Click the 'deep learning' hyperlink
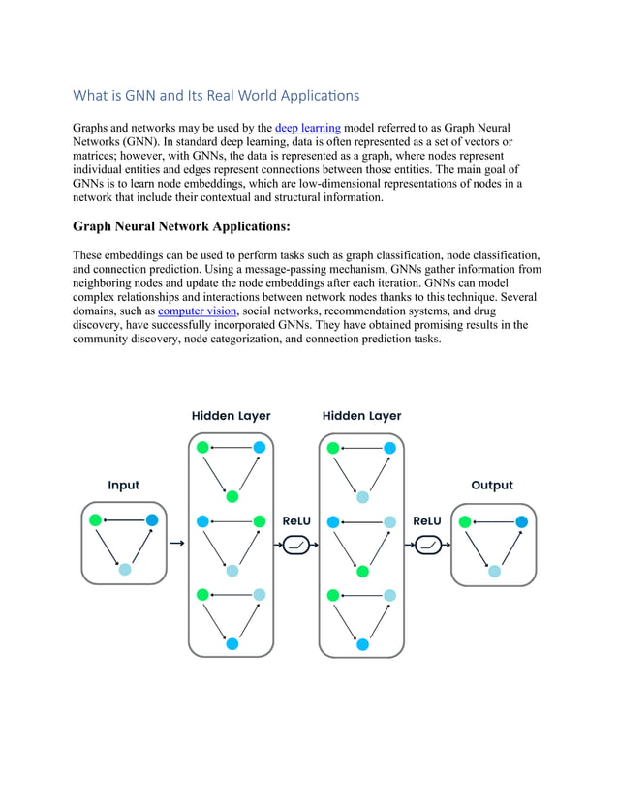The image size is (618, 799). [x=307, y=128]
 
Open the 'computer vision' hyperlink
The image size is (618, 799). [x=197, y=311]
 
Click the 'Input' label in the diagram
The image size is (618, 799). [x=123, y=486]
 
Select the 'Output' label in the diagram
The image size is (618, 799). [x=492, y=486]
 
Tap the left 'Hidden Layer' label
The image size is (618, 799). [x=231, y=416]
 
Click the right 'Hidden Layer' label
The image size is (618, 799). [x=361, y=416]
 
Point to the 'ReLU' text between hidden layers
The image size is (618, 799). [x=296, y=521]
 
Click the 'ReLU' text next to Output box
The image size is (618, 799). [x=427, y=521]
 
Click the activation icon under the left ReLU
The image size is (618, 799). [x=296, y=545]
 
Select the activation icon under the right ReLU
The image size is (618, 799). [x=427, y=545]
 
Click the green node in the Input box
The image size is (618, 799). [x=96, y=520]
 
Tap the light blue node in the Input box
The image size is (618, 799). [x=124, y=570]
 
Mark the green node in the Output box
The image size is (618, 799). [x=466, y=522]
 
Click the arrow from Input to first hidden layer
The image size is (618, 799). [x=176, y=545]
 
